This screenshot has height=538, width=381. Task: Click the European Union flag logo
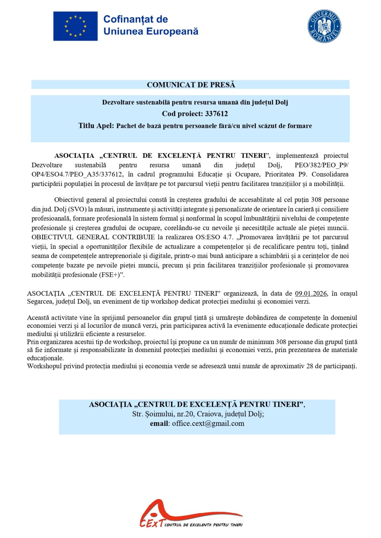click(x=75, y=26)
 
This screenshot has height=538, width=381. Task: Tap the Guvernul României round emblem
click(x=324, y=26)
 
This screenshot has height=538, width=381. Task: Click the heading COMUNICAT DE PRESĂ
click(x=191, y=85)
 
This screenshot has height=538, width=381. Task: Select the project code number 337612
click(x=216, y=114)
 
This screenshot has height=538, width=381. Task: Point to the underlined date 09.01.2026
click(x=311, y=294)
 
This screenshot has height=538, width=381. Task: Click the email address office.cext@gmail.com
click(x=208, y=423)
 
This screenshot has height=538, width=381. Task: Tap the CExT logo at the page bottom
click(x=191, y=514)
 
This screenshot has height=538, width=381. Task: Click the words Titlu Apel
click(x=95, y=126)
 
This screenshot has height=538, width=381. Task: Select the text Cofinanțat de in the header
click(x=135, y=19)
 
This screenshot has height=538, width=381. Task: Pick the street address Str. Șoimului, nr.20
click(x=163, y=414)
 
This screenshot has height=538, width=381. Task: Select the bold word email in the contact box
click(x=159, y=423)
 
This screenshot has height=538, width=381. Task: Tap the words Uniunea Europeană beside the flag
click(x=151, y=32)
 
